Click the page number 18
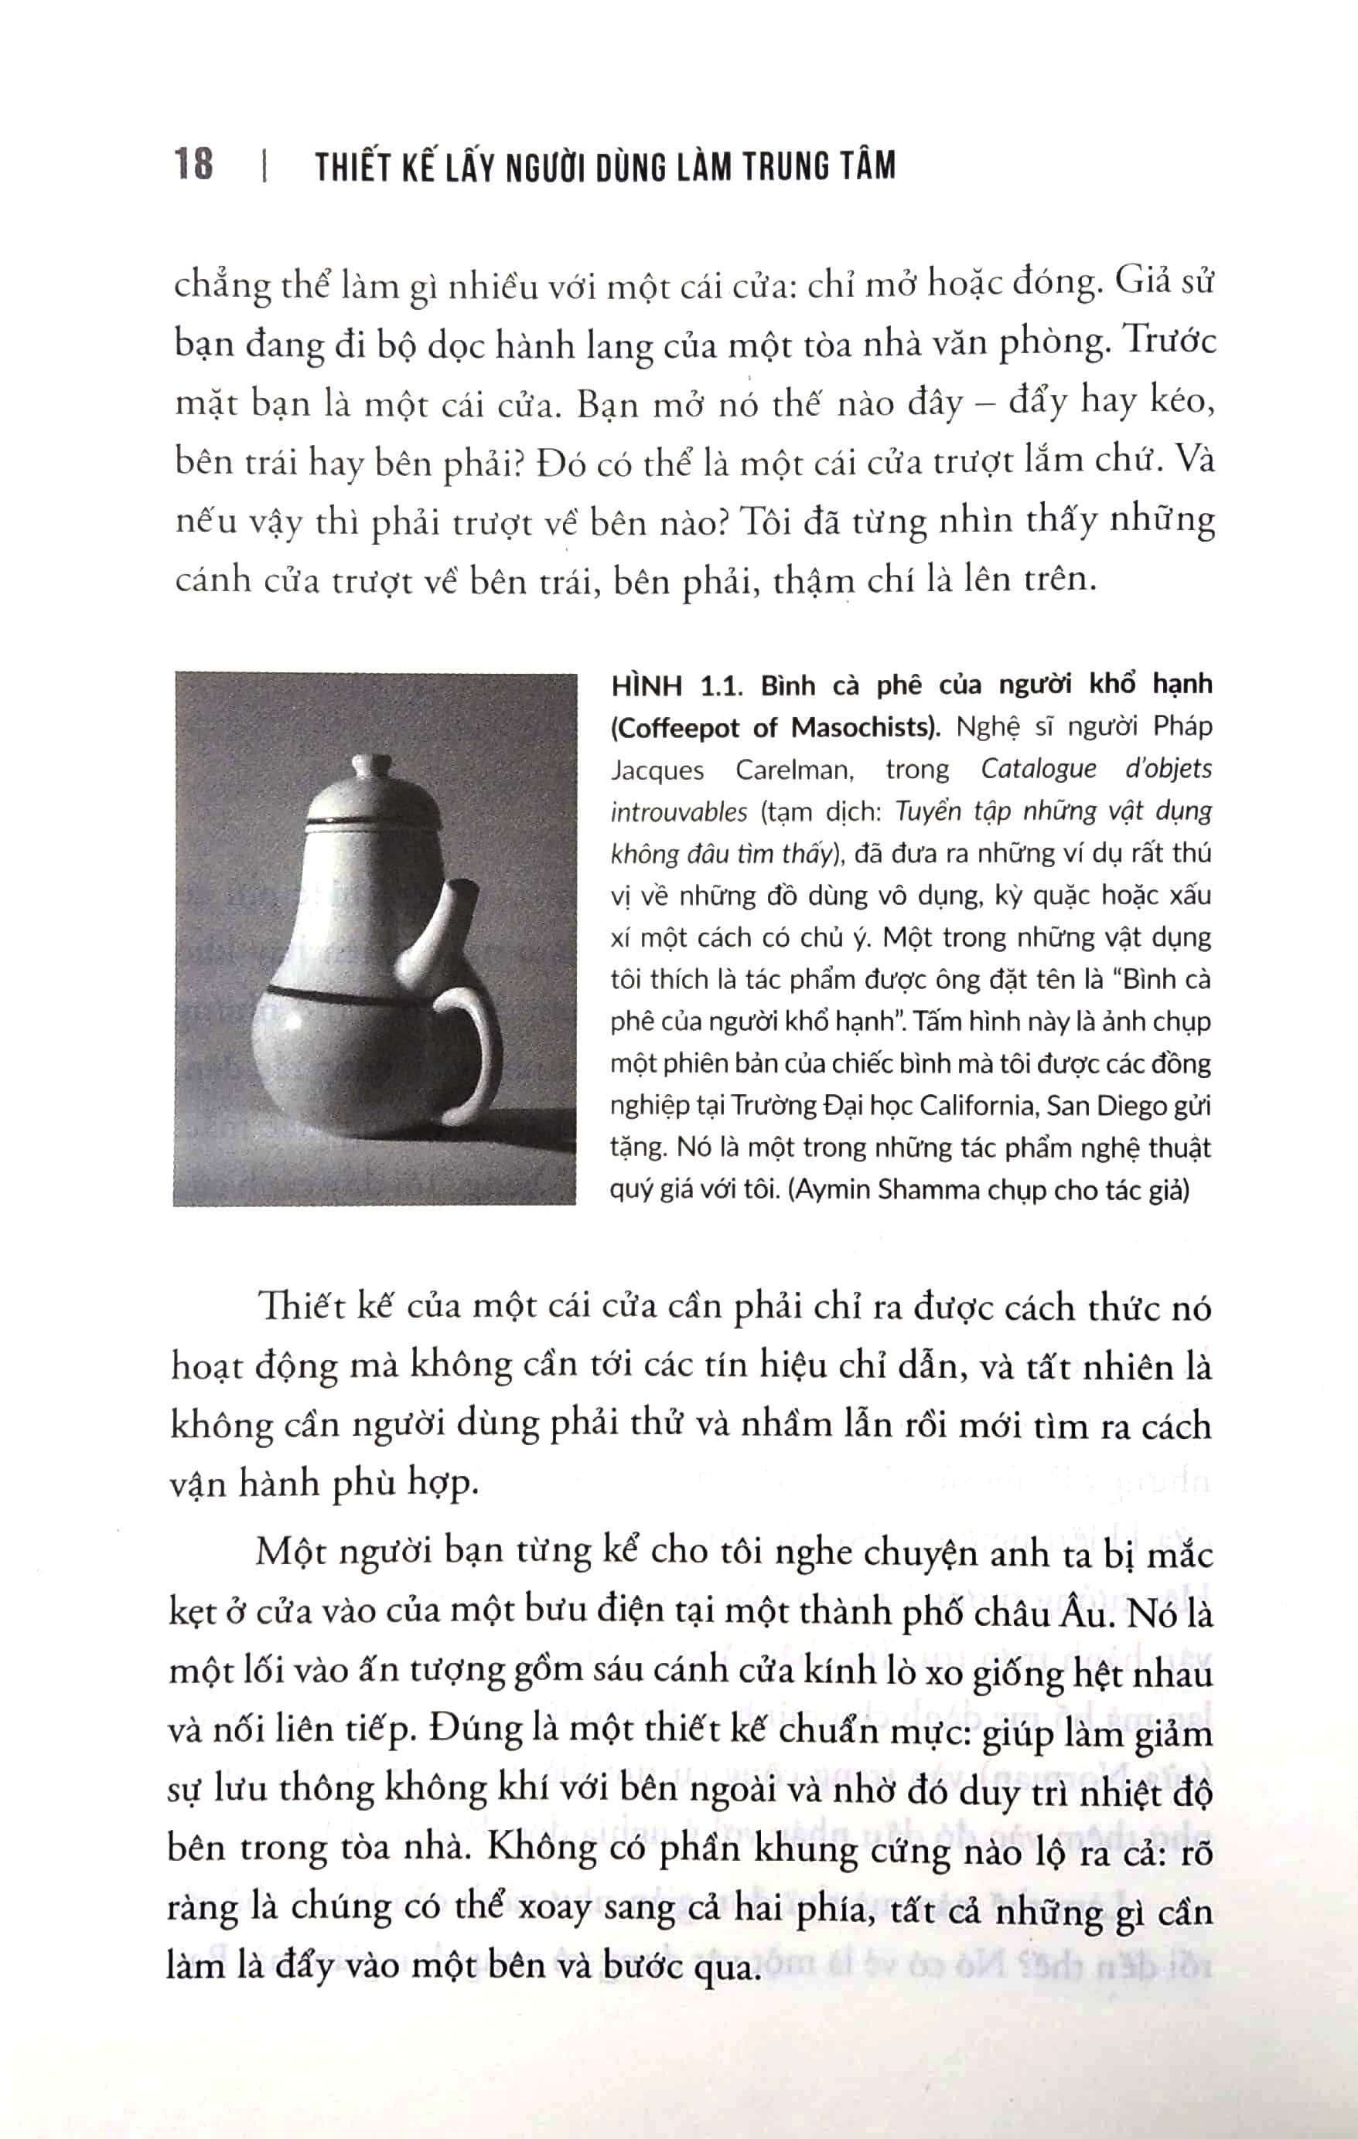pos(194,165)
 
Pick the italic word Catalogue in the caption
pos(1038,769)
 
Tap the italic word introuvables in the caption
pos(667,812)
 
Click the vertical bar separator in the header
pos(264,168)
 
